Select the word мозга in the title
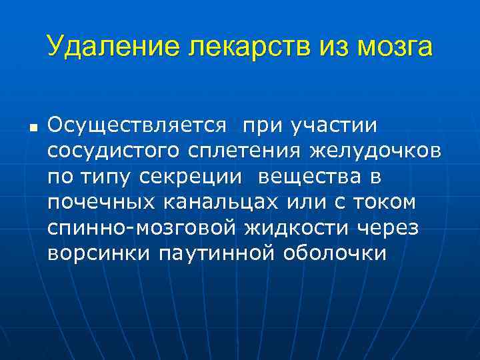tap(393, 47)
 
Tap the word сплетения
tap(243, 150)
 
